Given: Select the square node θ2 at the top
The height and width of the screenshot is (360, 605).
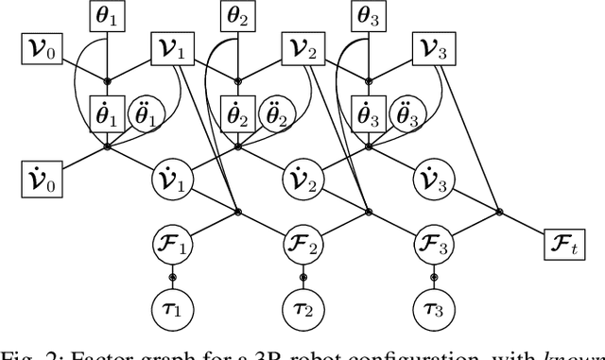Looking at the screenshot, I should click(x=236, y=17).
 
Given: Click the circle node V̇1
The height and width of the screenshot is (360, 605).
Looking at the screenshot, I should click(x=172, y=179).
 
